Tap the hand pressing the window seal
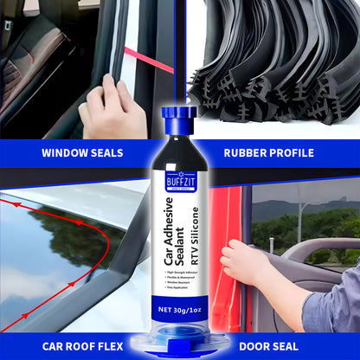click(x=108, y=108)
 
